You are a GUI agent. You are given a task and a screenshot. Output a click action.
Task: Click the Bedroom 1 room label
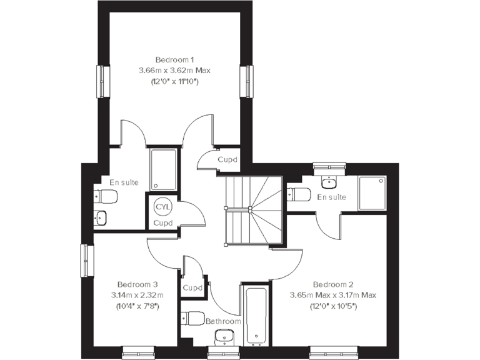(x=174, y=59)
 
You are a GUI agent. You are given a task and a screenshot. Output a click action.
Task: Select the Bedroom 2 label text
(x=334, y=283)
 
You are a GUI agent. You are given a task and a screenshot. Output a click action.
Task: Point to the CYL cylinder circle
(x=162, y=206)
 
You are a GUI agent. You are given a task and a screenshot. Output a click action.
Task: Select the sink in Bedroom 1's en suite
(x=101, y=218)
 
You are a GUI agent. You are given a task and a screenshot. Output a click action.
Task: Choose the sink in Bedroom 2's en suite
(x=329, y=182)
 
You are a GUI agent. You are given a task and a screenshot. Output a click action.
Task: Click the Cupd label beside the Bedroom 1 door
(x=227, y=159)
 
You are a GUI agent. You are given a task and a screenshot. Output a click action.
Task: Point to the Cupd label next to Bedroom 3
(x=192, y=288)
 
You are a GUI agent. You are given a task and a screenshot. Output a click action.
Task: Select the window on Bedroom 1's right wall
(x=246, y=80)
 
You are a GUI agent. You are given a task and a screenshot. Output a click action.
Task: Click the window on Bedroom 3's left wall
(x=87, y=259)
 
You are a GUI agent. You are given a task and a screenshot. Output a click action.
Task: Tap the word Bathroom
(x=223, y=321)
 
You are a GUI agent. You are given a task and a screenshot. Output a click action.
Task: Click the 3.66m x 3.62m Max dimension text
(x=174, y=70)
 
